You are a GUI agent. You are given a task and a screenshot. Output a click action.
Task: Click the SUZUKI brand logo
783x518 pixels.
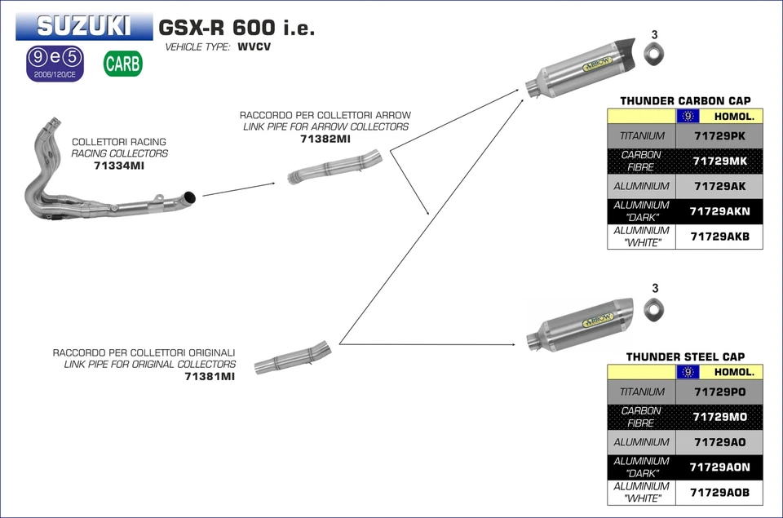click(84, 26)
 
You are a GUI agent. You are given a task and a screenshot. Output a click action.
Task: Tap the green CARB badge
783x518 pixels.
click(123, 64)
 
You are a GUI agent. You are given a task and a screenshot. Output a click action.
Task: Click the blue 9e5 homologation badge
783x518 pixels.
click(55, 63)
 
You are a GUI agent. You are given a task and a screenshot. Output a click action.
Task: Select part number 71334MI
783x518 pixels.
click(119, 166)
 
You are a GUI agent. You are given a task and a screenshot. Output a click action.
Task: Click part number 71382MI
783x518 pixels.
click(325, 139)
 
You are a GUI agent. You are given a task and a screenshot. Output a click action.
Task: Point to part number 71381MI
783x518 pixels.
click(210, 376)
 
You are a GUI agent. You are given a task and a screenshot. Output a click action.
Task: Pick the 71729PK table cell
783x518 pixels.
click(719, 136)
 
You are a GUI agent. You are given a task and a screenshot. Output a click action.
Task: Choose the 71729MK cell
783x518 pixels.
click(719, 161)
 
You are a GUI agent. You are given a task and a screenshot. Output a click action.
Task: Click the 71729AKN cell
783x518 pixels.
click(719, 211)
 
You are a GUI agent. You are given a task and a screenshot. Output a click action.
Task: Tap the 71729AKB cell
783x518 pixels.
click(719, 237)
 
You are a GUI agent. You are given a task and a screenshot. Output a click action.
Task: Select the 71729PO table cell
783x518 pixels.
click(719, 392)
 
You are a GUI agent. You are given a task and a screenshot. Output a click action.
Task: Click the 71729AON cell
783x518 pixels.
click(719, 467)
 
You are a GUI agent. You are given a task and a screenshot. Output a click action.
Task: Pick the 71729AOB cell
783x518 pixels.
click(719, 493)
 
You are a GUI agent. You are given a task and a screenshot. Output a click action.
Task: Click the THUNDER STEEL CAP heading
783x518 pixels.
click(685, 356)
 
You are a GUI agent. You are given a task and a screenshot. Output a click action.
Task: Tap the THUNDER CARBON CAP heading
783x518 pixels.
click(685, 101)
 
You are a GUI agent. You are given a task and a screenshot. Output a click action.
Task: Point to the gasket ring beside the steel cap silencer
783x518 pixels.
click(653, 310)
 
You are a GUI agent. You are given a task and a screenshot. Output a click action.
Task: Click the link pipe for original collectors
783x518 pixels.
click(293, 358)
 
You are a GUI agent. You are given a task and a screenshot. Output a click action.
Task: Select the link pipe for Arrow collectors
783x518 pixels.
click(334, 166)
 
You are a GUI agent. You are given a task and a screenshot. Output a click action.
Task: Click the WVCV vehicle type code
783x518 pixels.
click(254, 47)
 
